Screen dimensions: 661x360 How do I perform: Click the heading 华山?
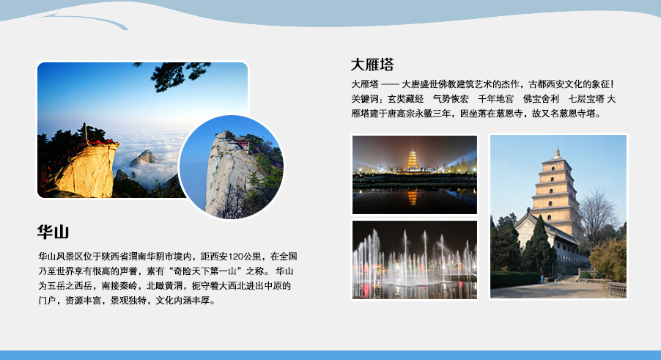pos(53,232)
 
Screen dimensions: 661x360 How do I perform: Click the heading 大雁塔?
pos(372,65)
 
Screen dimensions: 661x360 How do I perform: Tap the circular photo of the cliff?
pos(231,167)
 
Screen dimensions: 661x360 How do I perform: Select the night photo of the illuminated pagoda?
pos(415,175)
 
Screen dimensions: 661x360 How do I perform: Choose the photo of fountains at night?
pos(415,260)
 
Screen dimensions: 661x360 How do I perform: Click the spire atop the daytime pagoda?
pos(557,153)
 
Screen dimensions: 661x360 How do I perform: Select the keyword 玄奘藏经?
pos(406,99)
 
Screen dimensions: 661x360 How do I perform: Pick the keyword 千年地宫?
pos(495,99)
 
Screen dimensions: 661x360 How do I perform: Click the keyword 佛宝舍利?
pos(542,99)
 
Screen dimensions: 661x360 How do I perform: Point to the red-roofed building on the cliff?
pos(242,143)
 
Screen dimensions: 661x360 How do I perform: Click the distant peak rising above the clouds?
pos(143,158)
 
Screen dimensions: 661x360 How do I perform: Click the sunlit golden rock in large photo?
pos(89,169)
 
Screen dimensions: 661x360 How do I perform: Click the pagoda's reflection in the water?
pos(413,197)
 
